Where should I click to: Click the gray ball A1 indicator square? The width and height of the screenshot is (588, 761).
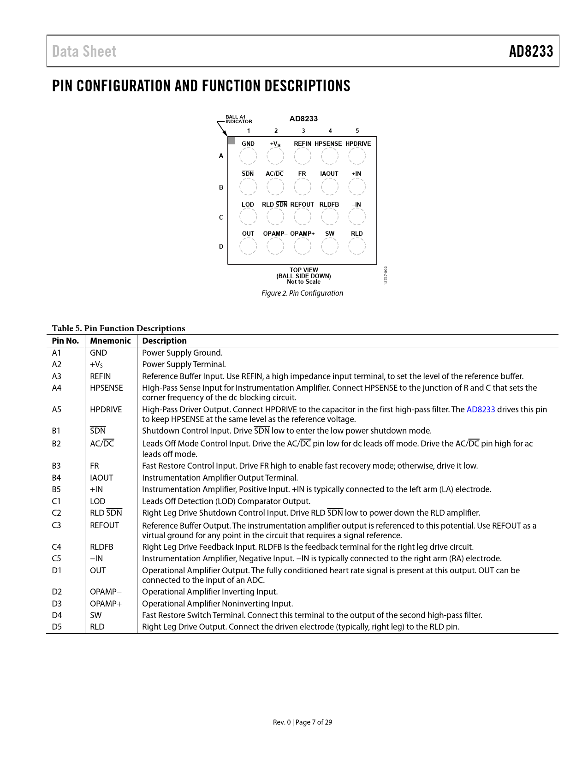click(232, 140)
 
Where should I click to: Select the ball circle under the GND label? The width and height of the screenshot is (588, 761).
click(248, 156)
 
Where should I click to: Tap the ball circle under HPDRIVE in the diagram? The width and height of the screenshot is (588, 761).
click(357, 156)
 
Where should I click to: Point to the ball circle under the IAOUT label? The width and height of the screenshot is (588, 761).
click(330, 186)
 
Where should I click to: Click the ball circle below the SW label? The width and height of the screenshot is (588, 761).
click(330, 246)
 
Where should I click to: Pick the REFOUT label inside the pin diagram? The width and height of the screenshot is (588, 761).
click(302, 204)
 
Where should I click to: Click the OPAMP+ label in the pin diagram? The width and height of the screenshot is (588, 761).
click(302, 233)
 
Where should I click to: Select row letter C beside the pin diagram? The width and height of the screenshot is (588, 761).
click(221, 218)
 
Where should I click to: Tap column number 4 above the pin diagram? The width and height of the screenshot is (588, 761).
click(330, 131)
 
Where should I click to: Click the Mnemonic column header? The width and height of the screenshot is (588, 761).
click(110, 341)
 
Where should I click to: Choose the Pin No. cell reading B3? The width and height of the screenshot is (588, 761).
click(56, 466)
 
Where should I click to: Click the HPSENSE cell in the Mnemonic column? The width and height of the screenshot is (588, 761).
click(107, 388)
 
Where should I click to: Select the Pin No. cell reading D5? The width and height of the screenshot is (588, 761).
click(57, 627)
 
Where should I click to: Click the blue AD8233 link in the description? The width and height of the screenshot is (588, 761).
click(481, 410)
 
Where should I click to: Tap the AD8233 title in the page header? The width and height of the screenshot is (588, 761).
click(531, 52)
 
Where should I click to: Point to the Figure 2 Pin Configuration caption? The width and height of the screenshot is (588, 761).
click(302, 293)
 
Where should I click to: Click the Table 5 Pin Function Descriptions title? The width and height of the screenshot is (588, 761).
click(119, 328)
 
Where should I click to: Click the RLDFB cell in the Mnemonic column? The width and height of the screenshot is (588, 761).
click(101, 547)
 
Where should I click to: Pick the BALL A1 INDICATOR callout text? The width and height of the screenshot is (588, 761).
click(239, 119)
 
